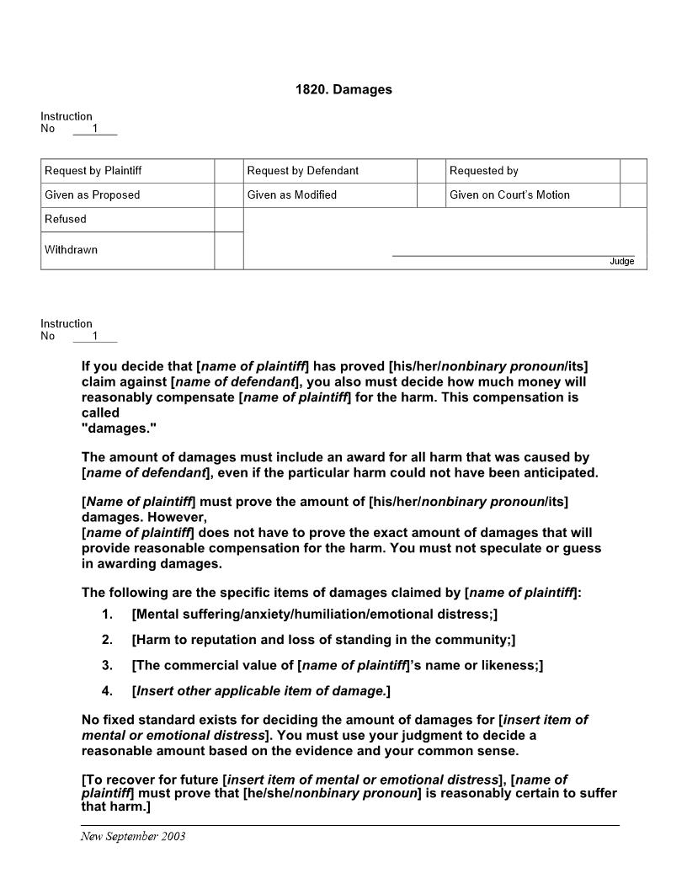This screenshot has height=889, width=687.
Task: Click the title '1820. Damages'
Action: coord(343,89)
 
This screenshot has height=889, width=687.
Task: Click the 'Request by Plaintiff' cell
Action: coord(93,171)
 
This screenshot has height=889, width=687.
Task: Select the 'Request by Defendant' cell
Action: coord(303,171)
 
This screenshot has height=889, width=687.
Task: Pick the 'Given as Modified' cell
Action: coord(292,195)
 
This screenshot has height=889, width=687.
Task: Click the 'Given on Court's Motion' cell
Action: coord(509,195)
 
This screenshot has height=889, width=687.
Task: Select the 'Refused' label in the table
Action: coord(66,219)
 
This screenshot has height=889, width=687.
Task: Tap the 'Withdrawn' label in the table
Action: coord(72,250)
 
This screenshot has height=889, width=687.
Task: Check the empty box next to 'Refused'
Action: coord(229,219)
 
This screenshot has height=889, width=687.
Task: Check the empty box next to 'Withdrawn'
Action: coord(229,250)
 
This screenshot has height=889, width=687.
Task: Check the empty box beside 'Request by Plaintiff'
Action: coord(229,171)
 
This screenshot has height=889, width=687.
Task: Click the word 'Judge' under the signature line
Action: coord(621,262)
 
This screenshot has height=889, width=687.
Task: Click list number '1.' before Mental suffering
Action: coord(107,615)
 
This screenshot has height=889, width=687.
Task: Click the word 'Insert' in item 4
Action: coord(157,691)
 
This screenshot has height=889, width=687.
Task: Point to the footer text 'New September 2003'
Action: coord(133,836)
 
